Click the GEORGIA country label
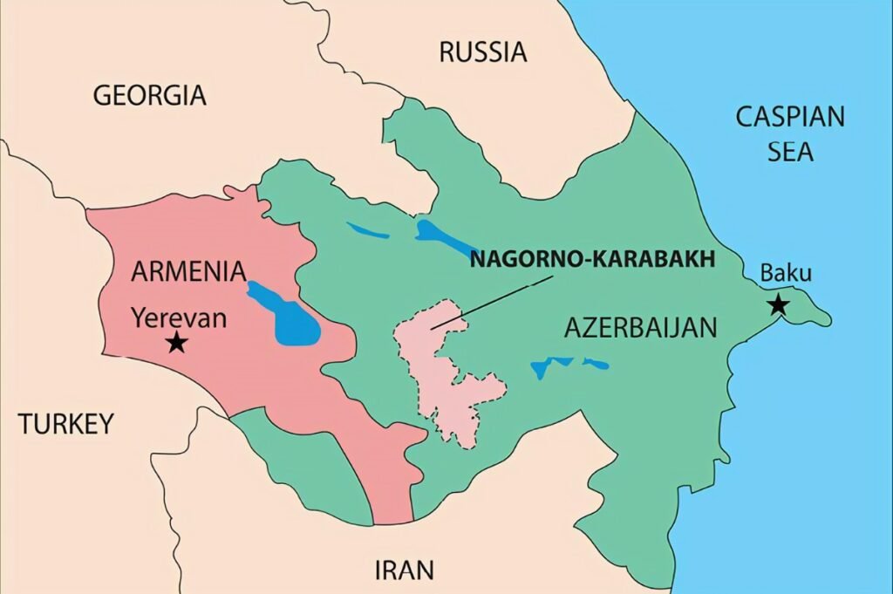click(x=149, y=95)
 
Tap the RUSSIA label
click(x=482, y=52)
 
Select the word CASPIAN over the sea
click(x=790, y=117)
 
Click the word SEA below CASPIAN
click(x=790, y=152)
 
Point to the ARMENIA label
click(x=188, y=271)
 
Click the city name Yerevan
click(x=179, y=317)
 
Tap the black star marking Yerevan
click(x=177, y=342)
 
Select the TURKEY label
click(x=66, y=424)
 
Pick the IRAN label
click(x=404, y=570)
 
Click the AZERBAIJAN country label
click(x=640, y=328)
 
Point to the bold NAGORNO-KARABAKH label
click(x=592, y=260)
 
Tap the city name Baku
click(x=786, y=273)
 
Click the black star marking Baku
click(x=778, y=305)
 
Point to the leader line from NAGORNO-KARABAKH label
click(x=493, y=303)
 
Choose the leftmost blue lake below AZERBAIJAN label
click(x=543, y=367)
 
